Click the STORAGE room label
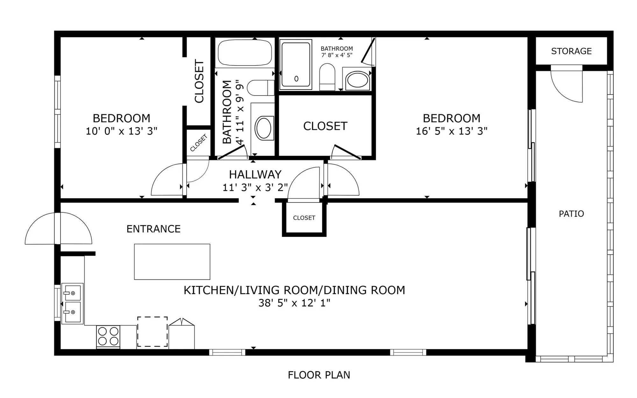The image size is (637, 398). (x=571, y=51)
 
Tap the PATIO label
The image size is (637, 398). (x=571, y=214)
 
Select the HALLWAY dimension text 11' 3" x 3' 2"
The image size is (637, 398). (x=255, y=188)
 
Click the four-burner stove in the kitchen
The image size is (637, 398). (x=108, y=336)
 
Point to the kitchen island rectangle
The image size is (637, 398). (x=172, y=262)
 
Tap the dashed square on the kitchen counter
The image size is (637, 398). (x=152, y=331)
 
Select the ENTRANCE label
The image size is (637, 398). (x=153, y=229)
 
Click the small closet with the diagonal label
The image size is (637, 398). (x=198, y=143)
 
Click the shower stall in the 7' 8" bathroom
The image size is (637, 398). (x=296, y=65)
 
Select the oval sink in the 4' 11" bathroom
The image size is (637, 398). (x=264, y=128)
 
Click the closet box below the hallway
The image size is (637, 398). (x=304, y=218)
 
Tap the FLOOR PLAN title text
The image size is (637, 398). (x=319, y=375)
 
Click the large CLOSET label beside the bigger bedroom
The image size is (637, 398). (x=325, y=126)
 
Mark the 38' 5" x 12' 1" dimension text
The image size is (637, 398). (x=294, y=303)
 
